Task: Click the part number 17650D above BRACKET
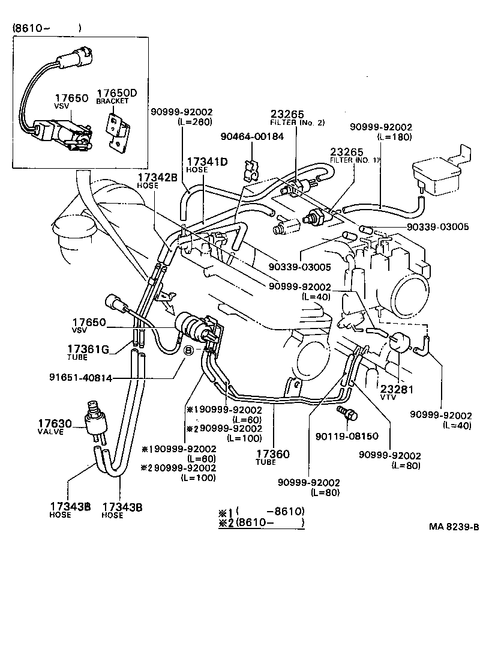(117, 92)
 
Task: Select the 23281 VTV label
(394, 391)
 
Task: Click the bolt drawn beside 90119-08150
(347, 414)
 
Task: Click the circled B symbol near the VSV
(188, 350)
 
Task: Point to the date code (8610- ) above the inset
(45, 28)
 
